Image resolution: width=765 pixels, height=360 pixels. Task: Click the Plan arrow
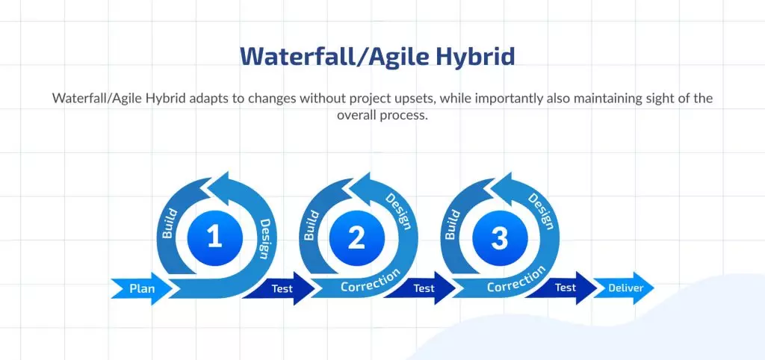pyautogui.click(x=141, y=288)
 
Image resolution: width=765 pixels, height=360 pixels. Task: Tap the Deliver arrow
pyautogui.click(x=624, y=288)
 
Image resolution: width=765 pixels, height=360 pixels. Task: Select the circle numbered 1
pyautogui.click(x=214, y=238)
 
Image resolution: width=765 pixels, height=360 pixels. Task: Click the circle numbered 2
pyautogui.click(x=356, y=238)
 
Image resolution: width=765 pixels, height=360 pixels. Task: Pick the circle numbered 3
pyautogui.click(x=500, y=238)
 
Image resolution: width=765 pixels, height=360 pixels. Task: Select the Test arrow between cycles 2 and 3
pyautogui.click(x=421, y=288)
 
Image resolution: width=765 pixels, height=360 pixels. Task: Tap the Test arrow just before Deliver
pyautogui.click(x=563, y=288)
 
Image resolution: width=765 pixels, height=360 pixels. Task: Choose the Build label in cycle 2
pyautogui.click(x=312, y=225)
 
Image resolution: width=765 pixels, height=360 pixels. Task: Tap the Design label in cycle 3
pyautogui.click(x=542, y=211)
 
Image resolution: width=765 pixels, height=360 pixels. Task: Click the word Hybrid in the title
pyautogui.click(x=475, y=57)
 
